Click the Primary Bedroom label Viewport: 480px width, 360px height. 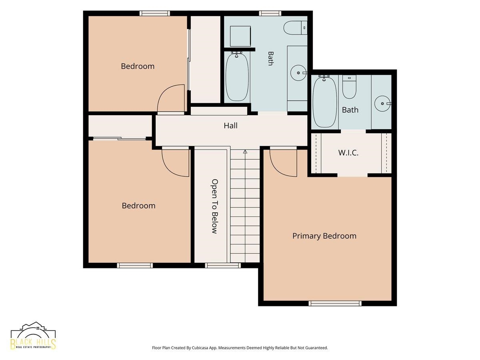(324, 236)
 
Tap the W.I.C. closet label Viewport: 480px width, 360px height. (348, 153)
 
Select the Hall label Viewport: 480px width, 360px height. (230, 126)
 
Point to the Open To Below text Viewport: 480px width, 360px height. (215, 206)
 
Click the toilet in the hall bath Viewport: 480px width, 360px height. (296, 28)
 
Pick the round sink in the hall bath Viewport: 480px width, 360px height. (298, 73)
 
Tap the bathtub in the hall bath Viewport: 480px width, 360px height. (237, 76)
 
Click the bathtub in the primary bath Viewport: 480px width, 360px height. (324, 102)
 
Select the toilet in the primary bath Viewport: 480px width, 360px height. (349, 87)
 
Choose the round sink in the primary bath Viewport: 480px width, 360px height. (382, 104)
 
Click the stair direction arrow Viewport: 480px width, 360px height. (245, 152)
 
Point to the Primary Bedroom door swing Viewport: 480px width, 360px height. (283, 163)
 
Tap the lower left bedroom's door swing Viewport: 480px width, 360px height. (175, 163)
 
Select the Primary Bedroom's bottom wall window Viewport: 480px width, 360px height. (335, 303)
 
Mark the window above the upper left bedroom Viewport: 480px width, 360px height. (155, 13)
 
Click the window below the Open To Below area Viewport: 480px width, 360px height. (223, 265)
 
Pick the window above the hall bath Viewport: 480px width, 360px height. (270, 13)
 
